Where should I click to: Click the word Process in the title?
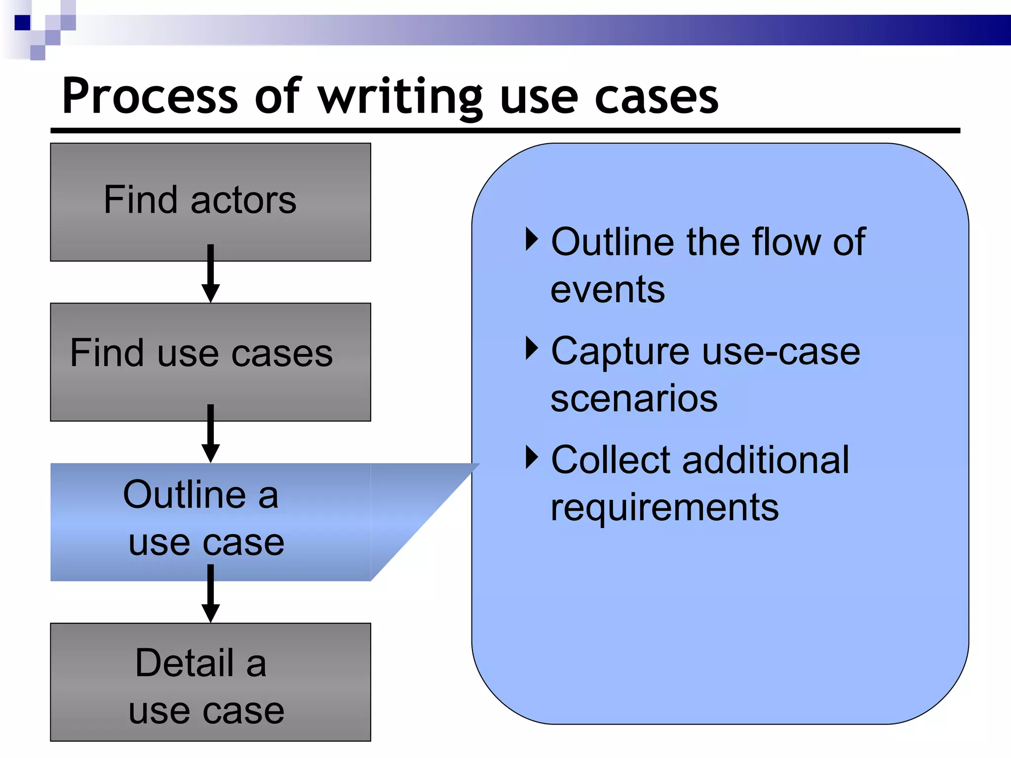point(150,96)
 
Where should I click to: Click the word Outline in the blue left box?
point(184,494)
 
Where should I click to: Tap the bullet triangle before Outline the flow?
point(531,239)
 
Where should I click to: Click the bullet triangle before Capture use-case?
point(531,348)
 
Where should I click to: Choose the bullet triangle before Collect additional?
point(531,457)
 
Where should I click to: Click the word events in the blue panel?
point(607,290)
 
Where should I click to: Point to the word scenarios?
point(634,399)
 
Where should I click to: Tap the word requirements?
point(664,508)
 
